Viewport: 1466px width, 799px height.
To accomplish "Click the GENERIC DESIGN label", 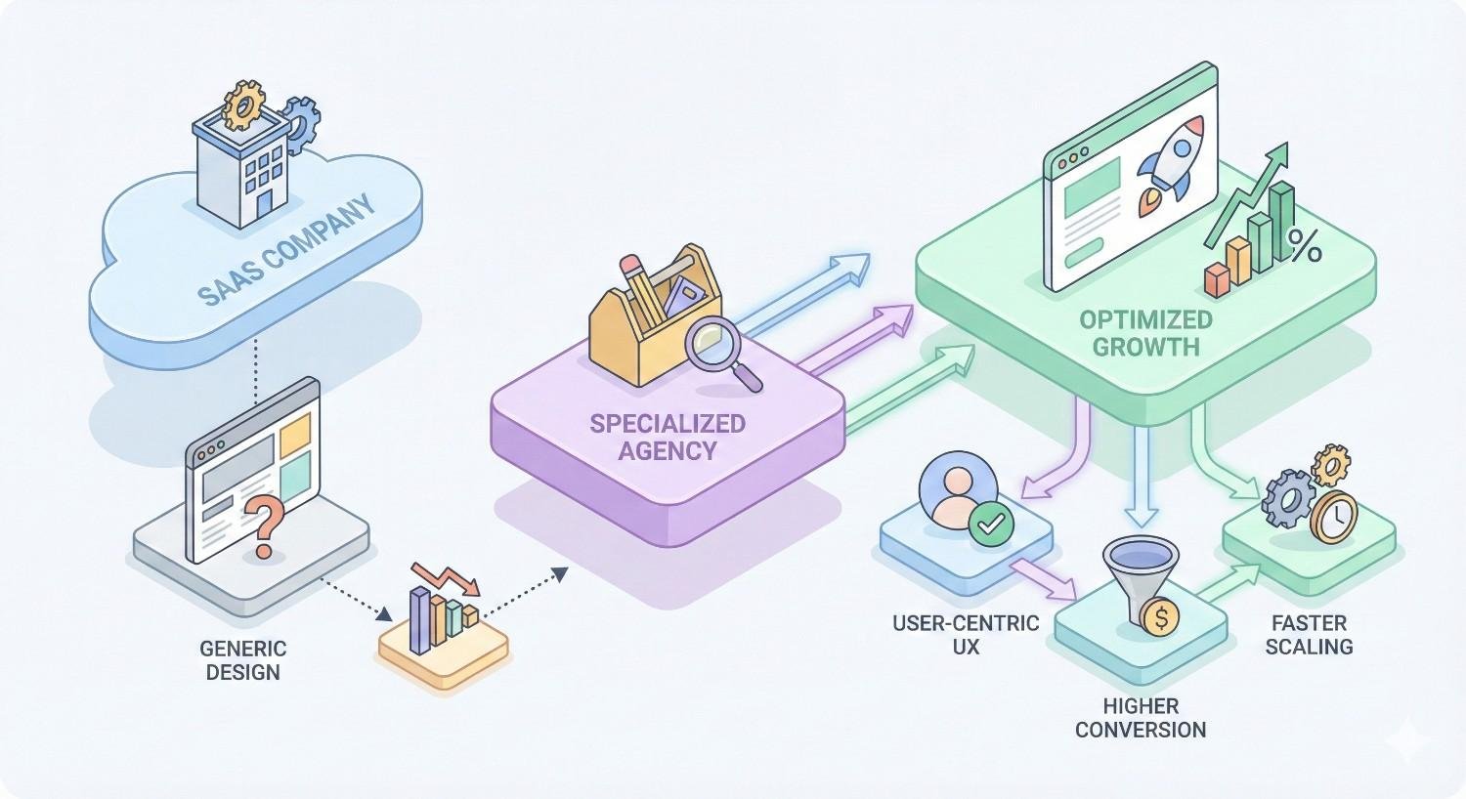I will click(243, 660).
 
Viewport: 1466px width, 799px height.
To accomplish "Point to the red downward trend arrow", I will click(446, 577).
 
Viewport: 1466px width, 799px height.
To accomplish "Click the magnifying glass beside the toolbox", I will click(720, 352).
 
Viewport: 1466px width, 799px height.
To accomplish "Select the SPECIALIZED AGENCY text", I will click(668, 437).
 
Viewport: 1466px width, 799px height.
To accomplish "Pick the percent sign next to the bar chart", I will click(1305, 246).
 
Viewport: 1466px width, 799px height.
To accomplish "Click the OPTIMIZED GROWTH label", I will click(1145, 333).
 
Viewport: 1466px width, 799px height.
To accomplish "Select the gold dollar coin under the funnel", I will click(1159, 617).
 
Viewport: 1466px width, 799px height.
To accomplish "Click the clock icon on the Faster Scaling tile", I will click(1333, 518).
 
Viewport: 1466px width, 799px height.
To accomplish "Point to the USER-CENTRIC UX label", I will click(966, 634).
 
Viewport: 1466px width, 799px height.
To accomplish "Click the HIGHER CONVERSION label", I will click(1140, 718).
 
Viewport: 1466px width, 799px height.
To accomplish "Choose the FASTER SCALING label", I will click(1309, 634).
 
